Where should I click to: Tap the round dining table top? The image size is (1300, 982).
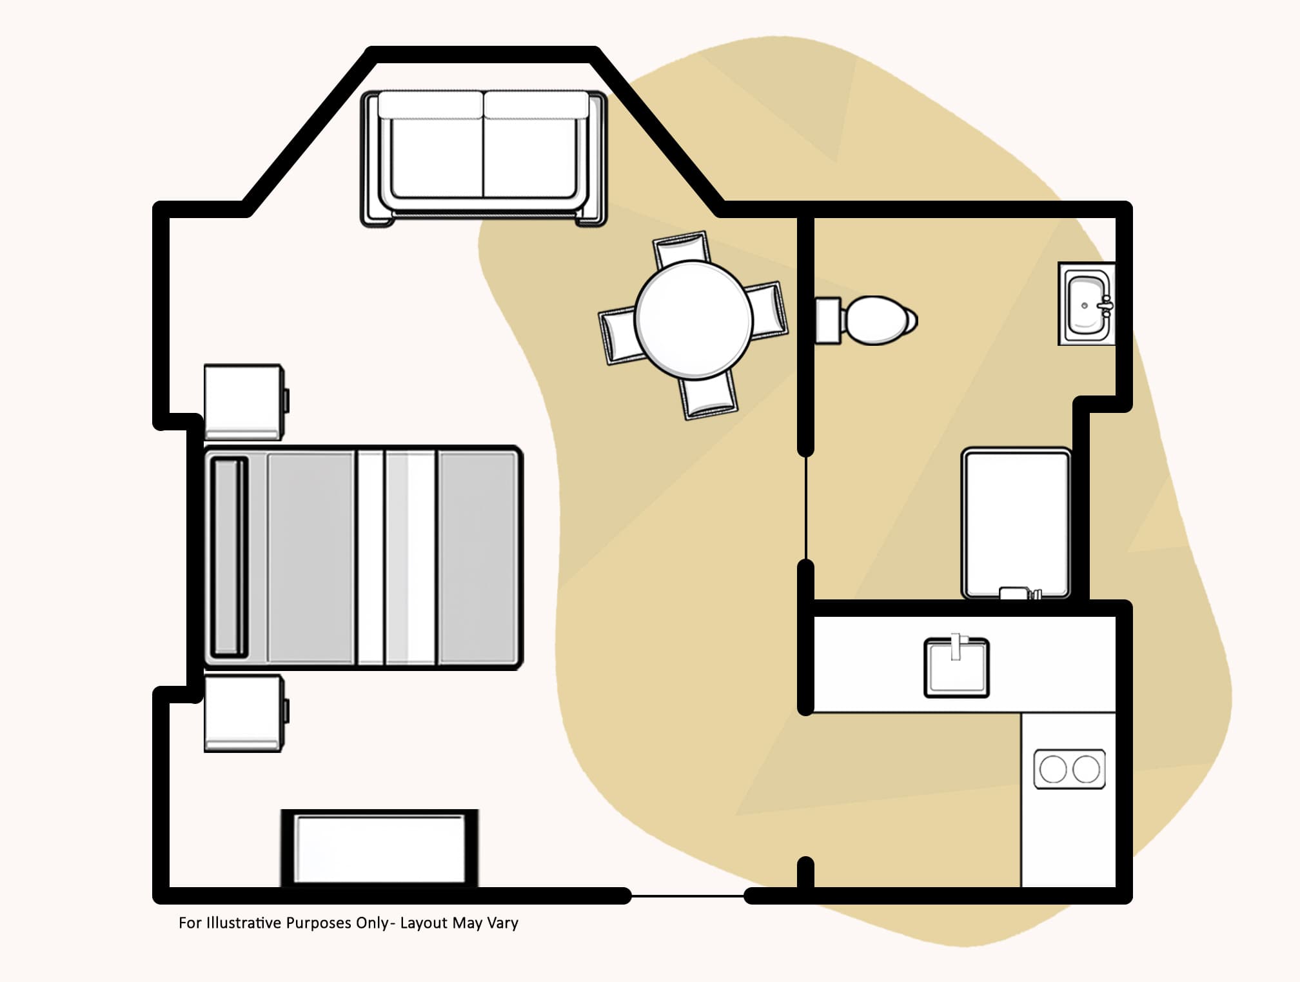point(693,319)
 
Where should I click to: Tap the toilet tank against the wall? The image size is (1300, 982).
point(828,320)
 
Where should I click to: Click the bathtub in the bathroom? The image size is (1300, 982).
point(1016,523)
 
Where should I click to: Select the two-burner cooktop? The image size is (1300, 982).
point(1069,769)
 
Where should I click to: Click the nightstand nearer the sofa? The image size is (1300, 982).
point(244,401)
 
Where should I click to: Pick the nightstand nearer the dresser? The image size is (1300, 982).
point(244,712)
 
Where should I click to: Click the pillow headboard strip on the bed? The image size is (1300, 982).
point(229,557)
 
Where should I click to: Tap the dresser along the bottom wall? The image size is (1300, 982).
point(380,848)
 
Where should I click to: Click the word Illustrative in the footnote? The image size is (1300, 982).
point(242,923)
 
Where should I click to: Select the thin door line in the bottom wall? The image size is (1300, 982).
point(687,896)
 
